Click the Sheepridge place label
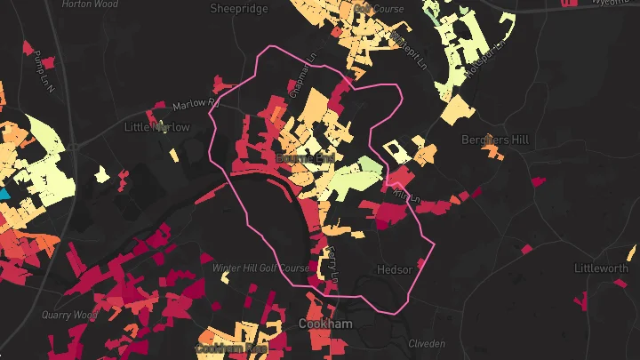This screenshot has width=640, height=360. [x=237, y=9]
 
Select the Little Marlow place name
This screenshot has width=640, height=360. [x=157, y=127]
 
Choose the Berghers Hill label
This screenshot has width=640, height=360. [x=495, y=140]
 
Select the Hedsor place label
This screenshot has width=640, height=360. [x=395, y=269]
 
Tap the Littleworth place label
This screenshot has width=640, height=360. [x=601, y=268]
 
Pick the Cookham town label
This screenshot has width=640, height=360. [x=324, y=324]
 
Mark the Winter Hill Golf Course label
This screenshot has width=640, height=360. [x=260, y=268]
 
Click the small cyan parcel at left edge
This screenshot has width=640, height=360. [x=4, y=193]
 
